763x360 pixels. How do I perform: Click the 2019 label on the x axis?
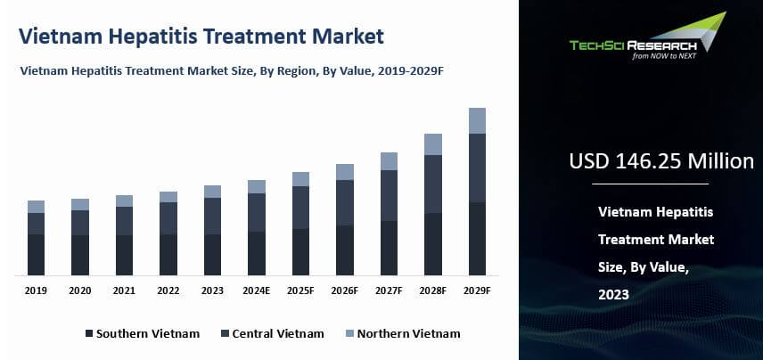click(36, 290)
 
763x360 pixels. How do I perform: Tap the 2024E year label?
click(257, 290)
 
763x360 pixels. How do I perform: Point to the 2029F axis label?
click(478, 290)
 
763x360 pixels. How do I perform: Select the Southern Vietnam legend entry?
click(143, 333)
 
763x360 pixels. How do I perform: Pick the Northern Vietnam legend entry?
click(402, 333)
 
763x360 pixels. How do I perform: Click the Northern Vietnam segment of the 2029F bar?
click(478, 120)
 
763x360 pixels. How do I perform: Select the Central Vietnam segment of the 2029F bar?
click(478, 168)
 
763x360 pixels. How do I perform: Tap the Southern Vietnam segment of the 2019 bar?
click(36, 254)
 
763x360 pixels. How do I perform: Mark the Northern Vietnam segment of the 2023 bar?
click(212, 192)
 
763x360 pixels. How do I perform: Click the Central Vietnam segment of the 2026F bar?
click(345, 202)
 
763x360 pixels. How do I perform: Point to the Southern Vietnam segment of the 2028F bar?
click(433, 243)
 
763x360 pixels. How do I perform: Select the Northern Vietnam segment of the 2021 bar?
click(124, 200)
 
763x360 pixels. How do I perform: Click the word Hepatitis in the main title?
click(164, 37)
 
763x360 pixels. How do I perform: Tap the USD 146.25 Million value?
click(661, 161)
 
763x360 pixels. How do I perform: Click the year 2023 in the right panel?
click(614, 294)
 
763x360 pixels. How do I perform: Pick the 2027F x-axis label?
click(389, 290)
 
